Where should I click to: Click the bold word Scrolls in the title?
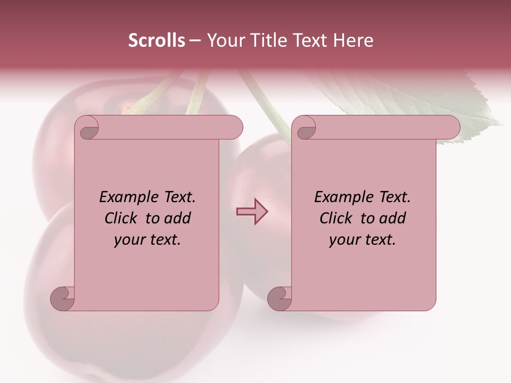[156, 40]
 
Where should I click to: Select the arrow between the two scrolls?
[252, 212]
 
